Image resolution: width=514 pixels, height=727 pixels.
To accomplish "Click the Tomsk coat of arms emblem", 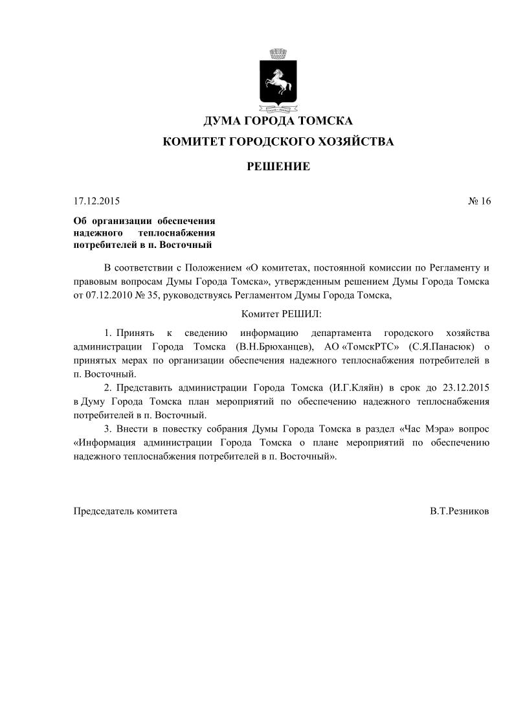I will coord(278,79).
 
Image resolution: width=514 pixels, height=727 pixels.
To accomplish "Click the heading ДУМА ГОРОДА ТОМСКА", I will coord(278,121).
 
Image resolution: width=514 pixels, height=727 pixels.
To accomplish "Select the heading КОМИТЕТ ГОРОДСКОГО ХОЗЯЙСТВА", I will coord(278,141).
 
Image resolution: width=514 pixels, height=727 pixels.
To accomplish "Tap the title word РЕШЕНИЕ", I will coord(278,167).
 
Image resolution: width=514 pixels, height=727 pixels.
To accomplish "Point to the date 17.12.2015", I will coord(96,201).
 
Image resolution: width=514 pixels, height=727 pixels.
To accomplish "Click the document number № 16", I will coord(479,201).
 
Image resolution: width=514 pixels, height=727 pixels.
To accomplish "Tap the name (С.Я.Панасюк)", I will coord(441,347).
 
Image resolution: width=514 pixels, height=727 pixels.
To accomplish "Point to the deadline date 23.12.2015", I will coord(465,388).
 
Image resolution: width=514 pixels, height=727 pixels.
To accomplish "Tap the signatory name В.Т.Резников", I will coord(459,511).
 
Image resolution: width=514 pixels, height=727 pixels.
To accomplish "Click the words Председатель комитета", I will coord(125,511).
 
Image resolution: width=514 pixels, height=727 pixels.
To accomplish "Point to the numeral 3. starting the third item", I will coord(108,429).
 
